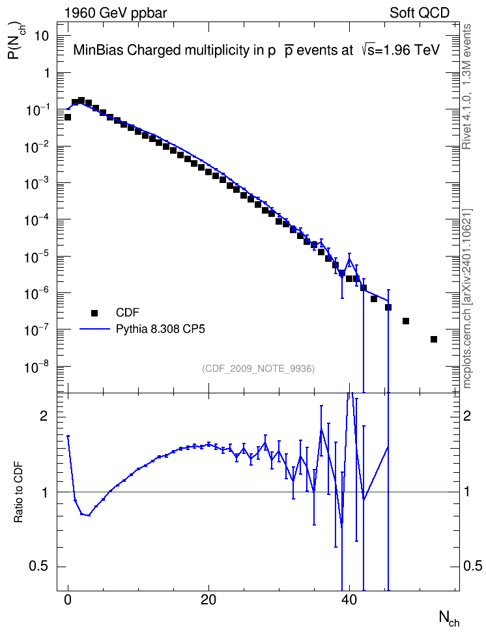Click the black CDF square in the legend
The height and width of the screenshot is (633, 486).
pos(94,313)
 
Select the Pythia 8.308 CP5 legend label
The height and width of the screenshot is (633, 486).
pos(160,329)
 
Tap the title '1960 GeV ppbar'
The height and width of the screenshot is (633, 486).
pos(115,13)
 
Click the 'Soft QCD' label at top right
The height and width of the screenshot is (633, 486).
pos(420,13)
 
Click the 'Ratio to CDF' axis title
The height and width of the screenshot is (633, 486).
pos(18,492)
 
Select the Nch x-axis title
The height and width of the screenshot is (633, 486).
pos(450,618)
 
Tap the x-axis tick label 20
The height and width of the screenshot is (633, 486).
pos(208,600)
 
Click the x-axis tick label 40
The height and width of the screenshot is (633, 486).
pos(349,600)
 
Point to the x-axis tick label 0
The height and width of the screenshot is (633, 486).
pos(68,600)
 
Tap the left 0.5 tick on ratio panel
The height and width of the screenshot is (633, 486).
pos(39,567)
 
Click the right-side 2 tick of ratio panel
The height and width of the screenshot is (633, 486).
pos(467,416)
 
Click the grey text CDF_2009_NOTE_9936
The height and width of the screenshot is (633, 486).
pos(258,369)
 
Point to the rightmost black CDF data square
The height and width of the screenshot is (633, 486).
pos(434,339)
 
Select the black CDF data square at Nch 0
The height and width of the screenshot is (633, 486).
pos(68,117)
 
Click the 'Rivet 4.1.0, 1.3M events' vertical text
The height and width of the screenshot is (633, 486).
pos(466,87)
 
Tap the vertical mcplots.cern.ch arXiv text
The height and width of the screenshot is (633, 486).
pos(466,298)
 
